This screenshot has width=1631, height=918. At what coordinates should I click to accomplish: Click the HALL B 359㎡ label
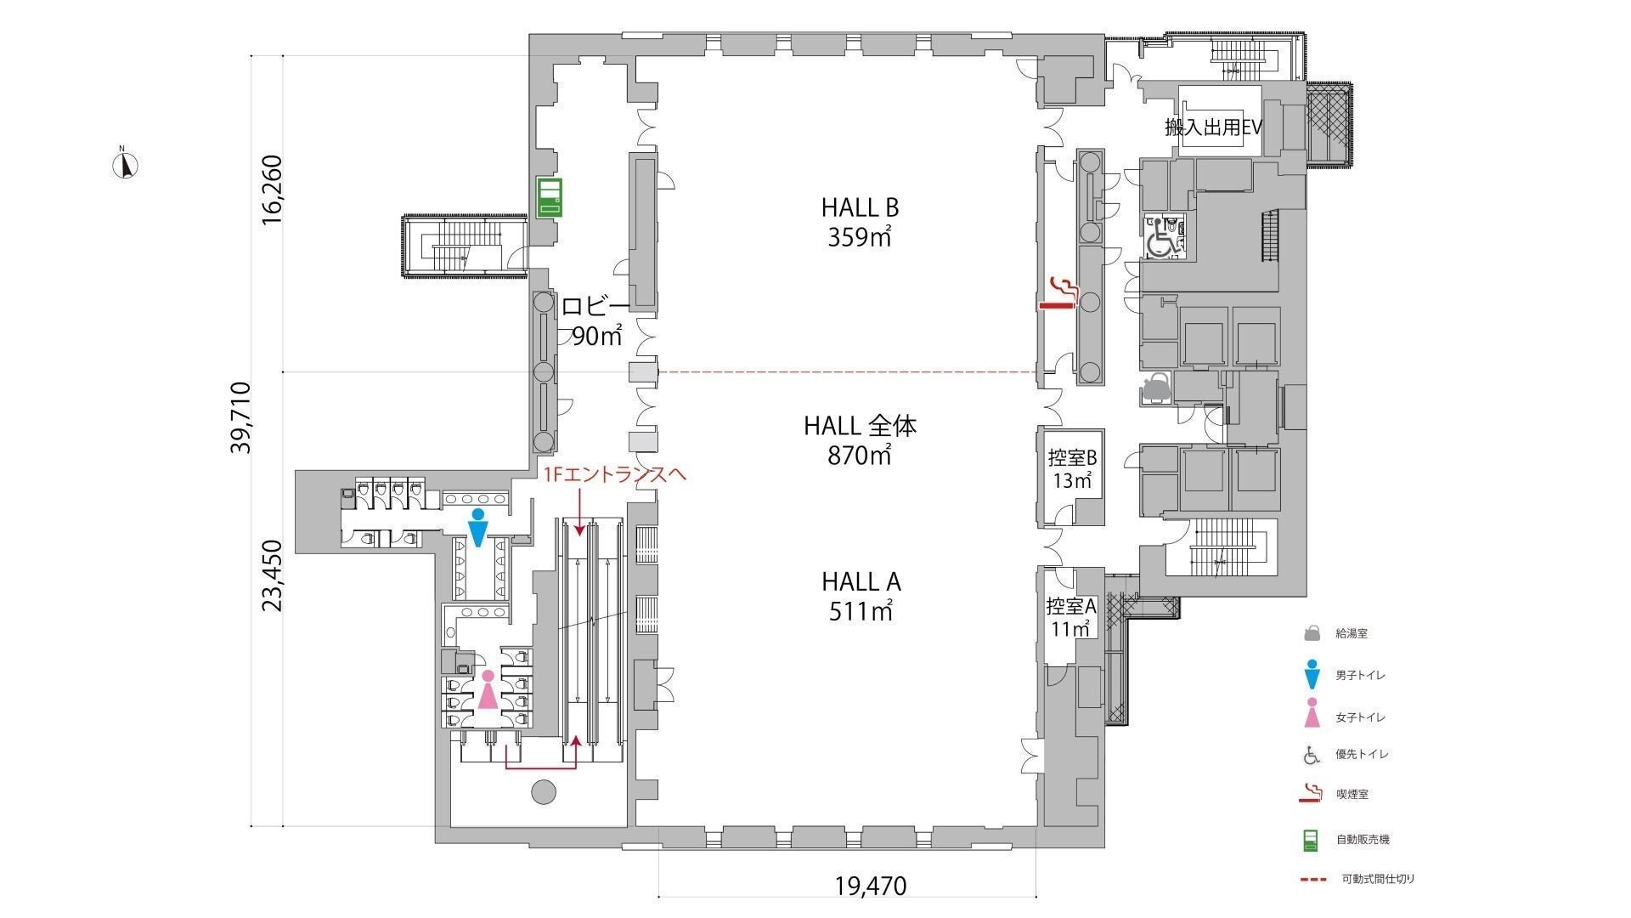pos(860,222)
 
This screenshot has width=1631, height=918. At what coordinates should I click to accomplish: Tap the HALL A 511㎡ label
pos(861,596)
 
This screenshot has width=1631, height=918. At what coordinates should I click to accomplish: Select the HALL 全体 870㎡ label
pos(861,440)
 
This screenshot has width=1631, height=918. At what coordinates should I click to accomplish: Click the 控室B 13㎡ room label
pos(1072,469)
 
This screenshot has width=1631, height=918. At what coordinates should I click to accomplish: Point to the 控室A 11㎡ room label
pos(1071,618)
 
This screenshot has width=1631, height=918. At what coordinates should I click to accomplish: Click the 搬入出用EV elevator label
pos(1213,128)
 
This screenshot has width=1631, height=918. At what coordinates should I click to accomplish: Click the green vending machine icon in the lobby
pos(549,197)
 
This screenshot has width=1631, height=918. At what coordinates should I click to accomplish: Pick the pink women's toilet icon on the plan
pos(488,689)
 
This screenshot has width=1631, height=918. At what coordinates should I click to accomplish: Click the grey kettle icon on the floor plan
pos(1155,388)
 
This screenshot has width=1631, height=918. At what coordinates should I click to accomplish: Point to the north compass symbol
pos(125,163)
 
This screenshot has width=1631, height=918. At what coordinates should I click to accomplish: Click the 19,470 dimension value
pos(871,887)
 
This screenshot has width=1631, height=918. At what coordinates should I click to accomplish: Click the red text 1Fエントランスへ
pos(615,474)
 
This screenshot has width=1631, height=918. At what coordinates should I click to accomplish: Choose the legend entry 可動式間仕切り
pos(1377,879)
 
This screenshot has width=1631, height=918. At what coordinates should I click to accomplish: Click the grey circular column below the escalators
pos(543,792)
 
